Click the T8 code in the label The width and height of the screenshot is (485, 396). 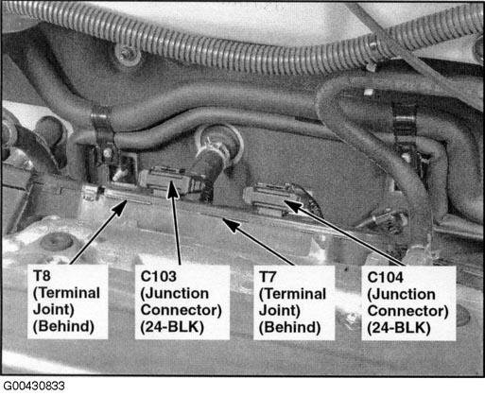click(x=42, y=276)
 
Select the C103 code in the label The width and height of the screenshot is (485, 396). click(x=159, y=277)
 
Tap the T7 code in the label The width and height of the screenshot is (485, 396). click(x=268, y=277)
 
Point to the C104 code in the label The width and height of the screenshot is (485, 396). click(x=386, y=278)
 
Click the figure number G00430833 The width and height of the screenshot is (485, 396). click(x=34, y=386)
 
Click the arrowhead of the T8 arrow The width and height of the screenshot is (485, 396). click(x=121, y=207)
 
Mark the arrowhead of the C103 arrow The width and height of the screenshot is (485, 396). click(x=172, y=188)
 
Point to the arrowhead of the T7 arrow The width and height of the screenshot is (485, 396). click(x=230, y=225)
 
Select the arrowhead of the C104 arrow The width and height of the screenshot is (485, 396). click(x=292, y=205)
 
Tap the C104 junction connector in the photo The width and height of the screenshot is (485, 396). click(x=268, y=197)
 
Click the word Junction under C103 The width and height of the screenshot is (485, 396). click(x=175, y=294)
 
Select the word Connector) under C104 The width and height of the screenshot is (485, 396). click(x=407, y=311)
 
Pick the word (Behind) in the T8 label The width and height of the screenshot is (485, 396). click(x=63, y=326)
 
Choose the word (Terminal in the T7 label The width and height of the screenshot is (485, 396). click(x=292, y=294)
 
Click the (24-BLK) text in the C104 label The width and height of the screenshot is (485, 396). click(x=399, y=328)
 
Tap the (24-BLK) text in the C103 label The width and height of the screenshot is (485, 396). click(x=172, y=327)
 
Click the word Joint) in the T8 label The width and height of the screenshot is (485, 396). click(x=54, y=309)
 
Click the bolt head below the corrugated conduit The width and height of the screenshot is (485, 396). click(x=128, y=53)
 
